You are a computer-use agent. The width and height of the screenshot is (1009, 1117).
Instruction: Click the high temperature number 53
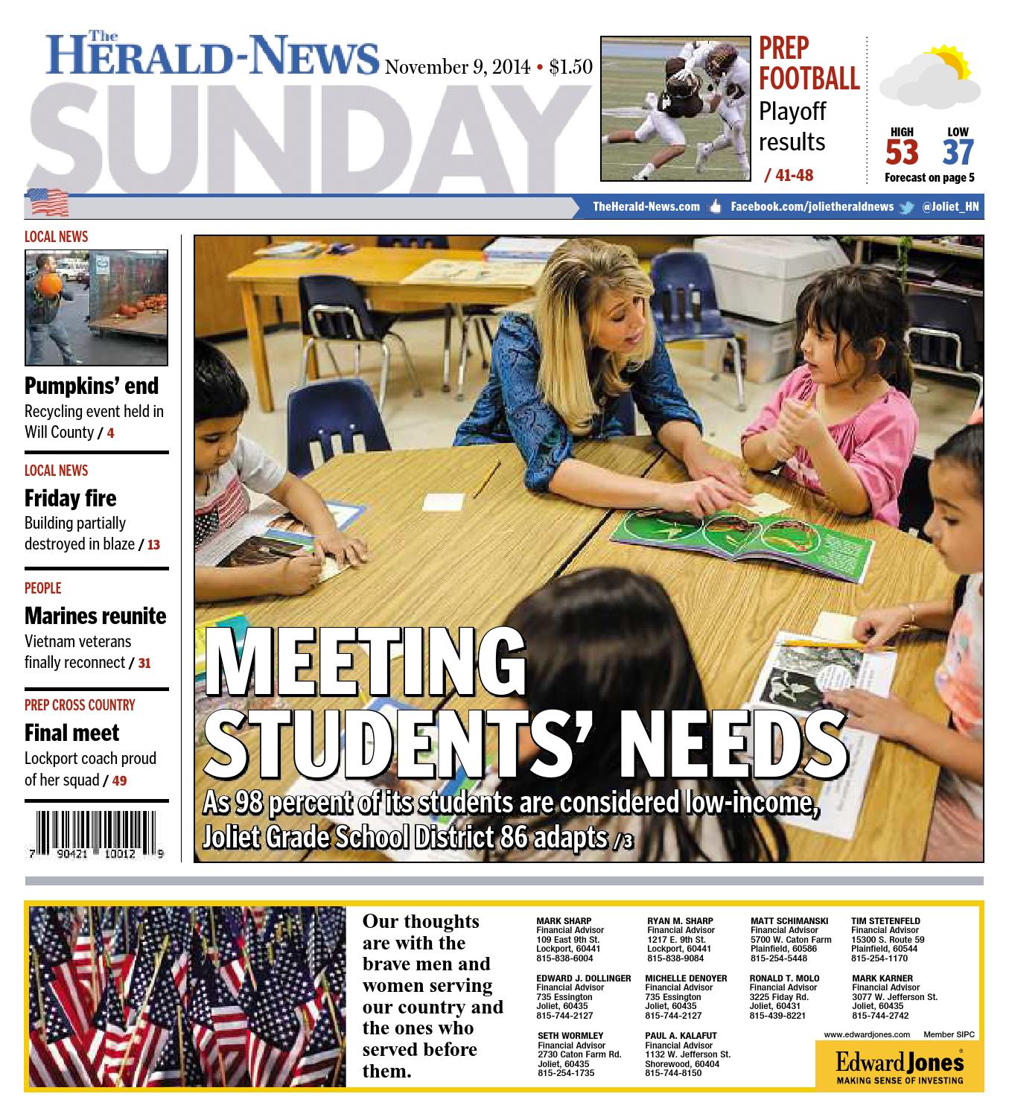click(901, 153)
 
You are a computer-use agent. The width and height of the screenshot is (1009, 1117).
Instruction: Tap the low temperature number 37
click(958, 153)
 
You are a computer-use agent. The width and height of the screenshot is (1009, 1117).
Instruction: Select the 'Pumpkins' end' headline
click(92, 386)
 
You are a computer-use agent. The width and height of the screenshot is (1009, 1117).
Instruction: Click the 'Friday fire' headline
click(71, 498)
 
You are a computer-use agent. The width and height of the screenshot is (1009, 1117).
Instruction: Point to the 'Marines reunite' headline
click(95, 616)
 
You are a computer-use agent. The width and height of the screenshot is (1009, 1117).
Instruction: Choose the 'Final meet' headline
click(71, 733)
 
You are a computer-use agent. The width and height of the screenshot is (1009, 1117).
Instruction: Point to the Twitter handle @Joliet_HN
click(950, 207)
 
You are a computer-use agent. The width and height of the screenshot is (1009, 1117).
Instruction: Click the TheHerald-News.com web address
click(646, 207)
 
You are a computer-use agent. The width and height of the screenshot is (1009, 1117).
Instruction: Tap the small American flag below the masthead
click(48, 202)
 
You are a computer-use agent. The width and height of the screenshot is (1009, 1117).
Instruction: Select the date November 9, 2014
click(457, 67)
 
